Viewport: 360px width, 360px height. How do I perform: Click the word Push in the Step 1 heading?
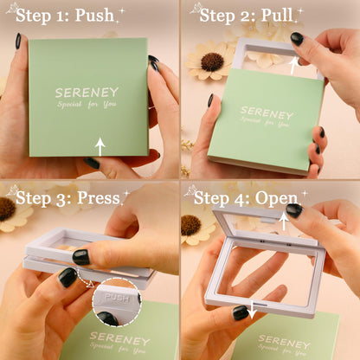tap(94, 16)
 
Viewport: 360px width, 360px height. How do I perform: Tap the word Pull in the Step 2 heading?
tap(277, 15)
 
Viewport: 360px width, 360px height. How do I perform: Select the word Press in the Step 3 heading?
tap(99, 198)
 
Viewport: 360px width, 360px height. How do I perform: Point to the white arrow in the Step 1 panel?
tap(100, 147)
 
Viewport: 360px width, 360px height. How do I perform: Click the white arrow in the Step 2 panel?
tap(293, 66)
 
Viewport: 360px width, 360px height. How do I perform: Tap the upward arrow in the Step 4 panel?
tap(284, 221)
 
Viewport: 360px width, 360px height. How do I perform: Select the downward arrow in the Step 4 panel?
tap(253, 309)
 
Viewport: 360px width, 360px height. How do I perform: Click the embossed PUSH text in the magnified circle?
tap(117, 298)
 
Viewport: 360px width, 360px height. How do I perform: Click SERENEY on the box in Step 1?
tap(87, 93)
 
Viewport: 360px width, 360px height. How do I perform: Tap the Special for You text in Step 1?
tap(87, 104)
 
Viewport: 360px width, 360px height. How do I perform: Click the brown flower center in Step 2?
tap(212, 62)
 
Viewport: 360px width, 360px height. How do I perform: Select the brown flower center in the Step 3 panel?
tap(7, 209)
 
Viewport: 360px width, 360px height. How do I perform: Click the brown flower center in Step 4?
tap(190, 225)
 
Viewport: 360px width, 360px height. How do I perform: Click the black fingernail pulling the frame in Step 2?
tap(297, 38)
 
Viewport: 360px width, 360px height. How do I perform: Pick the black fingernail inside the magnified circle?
tap(107, 318)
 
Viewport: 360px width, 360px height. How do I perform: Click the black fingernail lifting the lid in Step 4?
tap(294, 210)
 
